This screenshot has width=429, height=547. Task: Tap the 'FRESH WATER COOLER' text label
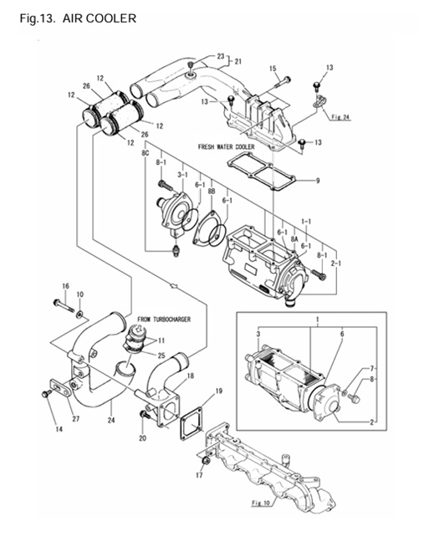[226, 146]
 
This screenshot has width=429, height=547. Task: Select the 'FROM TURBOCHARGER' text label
[165, 320]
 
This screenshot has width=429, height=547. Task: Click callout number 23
[221, 57]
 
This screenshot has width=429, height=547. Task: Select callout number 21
[237, 62]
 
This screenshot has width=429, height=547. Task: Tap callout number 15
[273, 68]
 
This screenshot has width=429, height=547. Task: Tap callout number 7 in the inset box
[374, 369]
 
